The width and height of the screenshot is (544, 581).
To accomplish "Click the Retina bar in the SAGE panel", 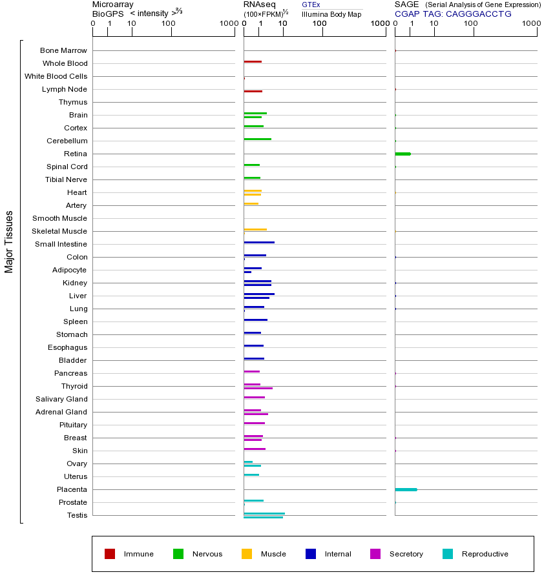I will click(x=403, y=154).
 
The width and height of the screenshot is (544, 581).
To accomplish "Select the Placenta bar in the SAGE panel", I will click(x=406, y=489).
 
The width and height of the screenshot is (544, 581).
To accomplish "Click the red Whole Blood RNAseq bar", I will click(x=253, y=61).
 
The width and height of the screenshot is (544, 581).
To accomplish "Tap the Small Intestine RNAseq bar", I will click(x=259, y=242).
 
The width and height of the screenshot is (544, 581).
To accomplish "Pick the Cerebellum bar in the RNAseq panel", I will click(x=257, y=139).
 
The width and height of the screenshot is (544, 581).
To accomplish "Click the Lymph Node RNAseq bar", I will click(x=253, y=91).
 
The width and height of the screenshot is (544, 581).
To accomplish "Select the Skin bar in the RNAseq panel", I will click(x=255, y=449).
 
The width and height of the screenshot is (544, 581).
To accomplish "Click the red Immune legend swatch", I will click(x=110, y=554).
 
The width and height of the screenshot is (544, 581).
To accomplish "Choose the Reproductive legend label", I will click(x=485, y=554).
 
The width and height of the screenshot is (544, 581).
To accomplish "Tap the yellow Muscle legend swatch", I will click(x=247, y=554).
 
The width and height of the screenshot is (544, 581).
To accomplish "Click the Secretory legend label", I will click(x=406, y=554).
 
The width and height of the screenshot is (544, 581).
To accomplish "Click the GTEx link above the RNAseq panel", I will click(x=311, y=5).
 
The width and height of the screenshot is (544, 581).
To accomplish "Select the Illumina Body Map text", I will click(x=331, y=14).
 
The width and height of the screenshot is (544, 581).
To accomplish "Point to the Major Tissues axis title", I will click(x=9, y=241).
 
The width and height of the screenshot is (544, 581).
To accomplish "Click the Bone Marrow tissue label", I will click(x=63, y=50).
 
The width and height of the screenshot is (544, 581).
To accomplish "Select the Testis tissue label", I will click(x=77, y=515).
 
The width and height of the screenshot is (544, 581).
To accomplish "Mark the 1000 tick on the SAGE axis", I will click(x=530, y=24).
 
